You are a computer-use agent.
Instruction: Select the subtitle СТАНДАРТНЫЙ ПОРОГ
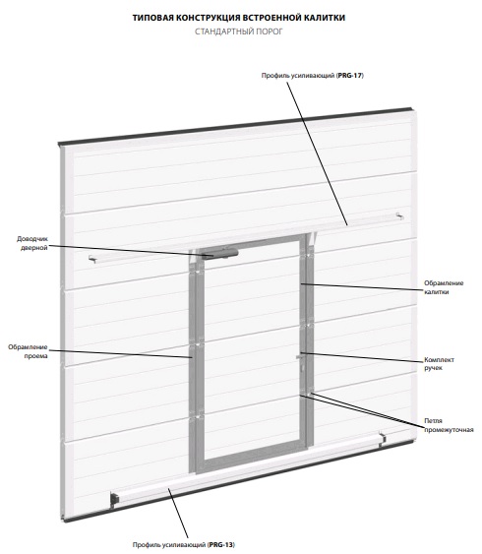click(x=239, y=31)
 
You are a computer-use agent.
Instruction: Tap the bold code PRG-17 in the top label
click(x=350, y=75)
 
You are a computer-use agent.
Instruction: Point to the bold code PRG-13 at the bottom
click(x=221, y=544)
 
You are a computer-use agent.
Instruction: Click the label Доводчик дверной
click(x=32, y=243)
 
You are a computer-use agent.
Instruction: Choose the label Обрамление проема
click(x=28, y=351)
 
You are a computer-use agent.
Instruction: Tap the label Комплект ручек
click(x=439, y=364)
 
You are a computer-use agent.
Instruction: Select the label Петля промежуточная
click(x=449, y=425)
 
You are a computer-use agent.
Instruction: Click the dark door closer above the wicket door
click(x=219, y=254)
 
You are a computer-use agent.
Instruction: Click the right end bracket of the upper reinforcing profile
click(x=399, y=215)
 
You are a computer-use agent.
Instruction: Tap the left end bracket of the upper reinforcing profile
click(x=92, y=259)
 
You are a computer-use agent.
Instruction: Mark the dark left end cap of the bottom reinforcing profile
click(x=115, y=499)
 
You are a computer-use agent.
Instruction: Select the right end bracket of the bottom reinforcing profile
click(x=382, y=439)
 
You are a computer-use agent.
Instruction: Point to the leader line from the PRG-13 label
click(x=178, y=513)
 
